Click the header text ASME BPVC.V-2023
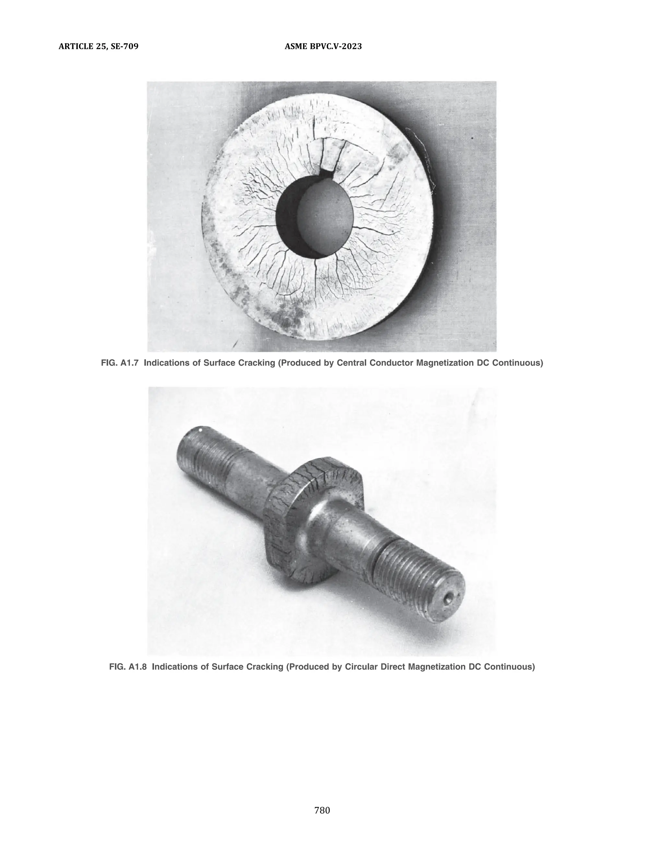(x=323, y=46)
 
